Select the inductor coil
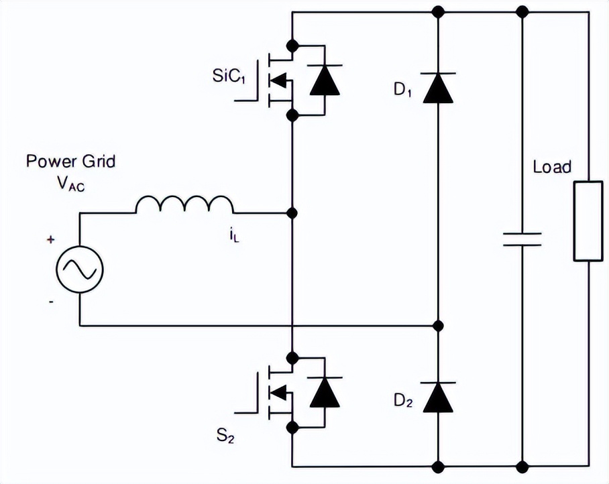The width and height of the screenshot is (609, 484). [x=184, y=205]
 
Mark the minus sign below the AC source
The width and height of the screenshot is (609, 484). [x=52, y=302]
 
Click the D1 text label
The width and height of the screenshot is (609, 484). [x=403, y=91]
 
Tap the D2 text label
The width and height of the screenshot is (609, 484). [x=403, y=402]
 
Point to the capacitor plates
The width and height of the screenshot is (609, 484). [x=522, y=239]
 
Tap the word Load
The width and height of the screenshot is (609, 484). [x=552, y=166]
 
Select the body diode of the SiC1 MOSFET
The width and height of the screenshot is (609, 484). [x=325, y=80]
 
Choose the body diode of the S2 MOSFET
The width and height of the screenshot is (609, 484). [x=325, y=391]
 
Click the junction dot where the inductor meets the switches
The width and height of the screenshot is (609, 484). [x=292, y=213]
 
